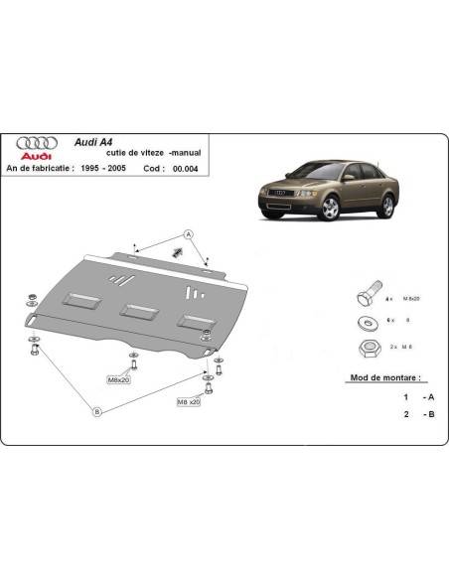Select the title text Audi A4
[x=94, y=142]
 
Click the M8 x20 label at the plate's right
[x=188, y=400]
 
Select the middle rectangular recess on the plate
[x=134, y=311]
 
